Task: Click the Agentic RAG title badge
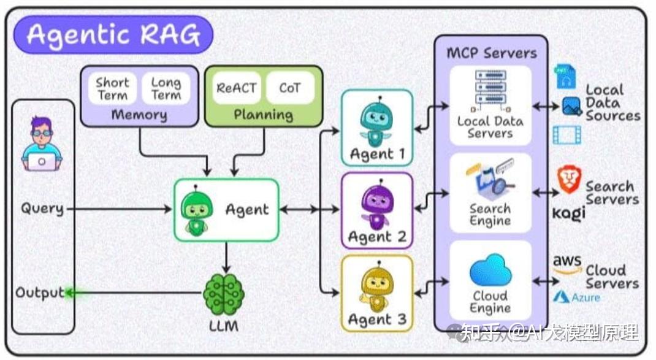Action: pos(113,35)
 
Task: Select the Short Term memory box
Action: pos(112,89)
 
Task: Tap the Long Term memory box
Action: pos(166,89)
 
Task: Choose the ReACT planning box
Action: pos(237,88)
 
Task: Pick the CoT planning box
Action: pos(290,88)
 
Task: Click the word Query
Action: pos(42,209)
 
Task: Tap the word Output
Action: pos(40,293)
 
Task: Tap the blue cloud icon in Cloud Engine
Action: pos(490,270)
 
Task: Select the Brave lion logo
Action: pos(568,180)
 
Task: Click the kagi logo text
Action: pos(569,212)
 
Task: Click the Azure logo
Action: pos(577,297)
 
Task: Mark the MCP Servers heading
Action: pos(492,53)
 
